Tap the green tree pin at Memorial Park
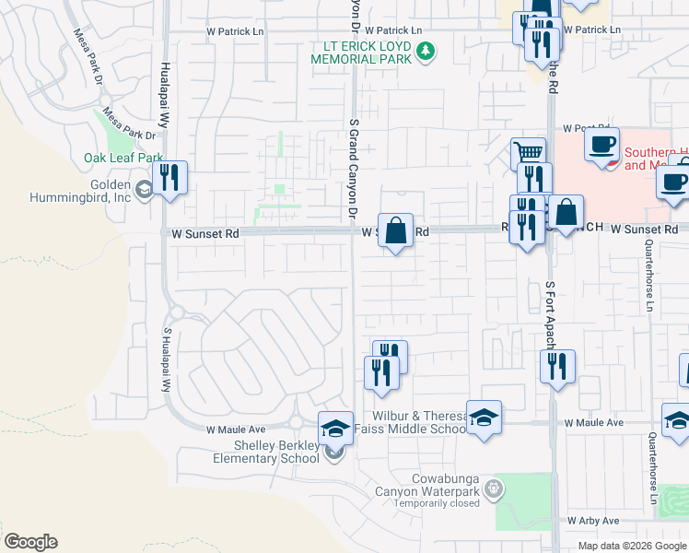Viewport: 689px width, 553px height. (x=426, y=50)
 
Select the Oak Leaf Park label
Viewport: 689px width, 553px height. (x=123, y=158)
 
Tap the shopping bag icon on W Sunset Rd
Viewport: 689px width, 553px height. (x=395, y=230)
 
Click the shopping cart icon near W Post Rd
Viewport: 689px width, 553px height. (x=528, y=154)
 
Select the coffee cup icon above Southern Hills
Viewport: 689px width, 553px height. (x=601, y=146)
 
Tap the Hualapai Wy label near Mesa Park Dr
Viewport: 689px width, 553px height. (x=165, y=95)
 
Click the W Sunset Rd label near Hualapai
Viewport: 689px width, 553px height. (x=205, y=234)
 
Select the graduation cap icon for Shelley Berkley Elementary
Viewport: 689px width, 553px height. (x=335, y=428)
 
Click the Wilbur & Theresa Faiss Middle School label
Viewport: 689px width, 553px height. (x=419, y=422)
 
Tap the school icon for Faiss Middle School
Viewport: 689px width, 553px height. (x=484, y=418)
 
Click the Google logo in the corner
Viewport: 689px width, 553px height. (x=31, y=542)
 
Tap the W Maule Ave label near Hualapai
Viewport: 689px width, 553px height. (x=236, y=429)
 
